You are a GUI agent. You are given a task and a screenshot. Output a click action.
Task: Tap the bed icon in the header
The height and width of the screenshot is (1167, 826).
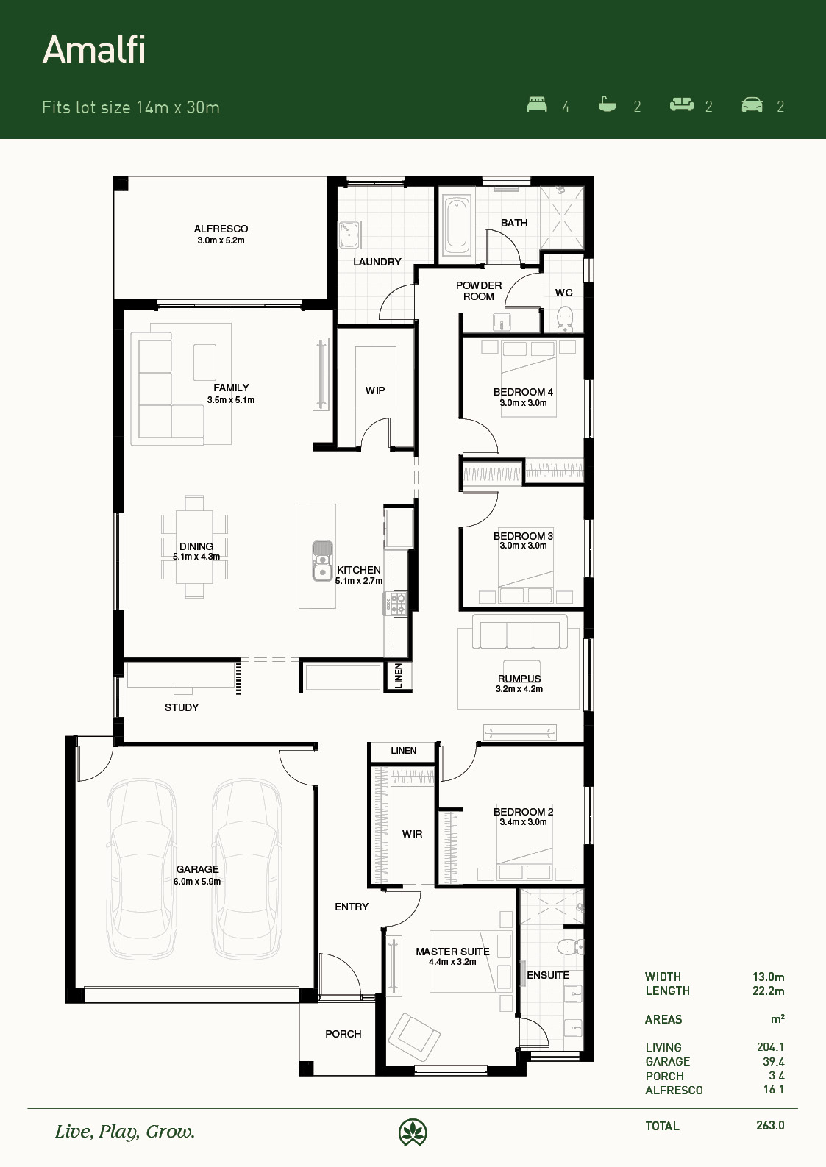(x=537, y=104)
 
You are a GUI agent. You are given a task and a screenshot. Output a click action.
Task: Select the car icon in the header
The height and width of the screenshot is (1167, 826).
(x=752, y=104)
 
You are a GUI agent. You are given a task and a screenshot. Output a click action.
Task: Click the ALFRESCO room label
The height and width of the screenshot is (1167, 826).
(x=221, y=229)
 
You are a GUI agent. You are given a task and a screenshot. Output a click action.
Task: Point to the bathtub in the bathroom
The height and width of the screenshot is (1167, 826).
(x=457, y=224)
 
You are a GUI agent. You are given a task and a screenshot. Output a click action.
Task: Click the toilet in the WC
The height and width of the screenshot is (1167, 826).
(x=565, y=318)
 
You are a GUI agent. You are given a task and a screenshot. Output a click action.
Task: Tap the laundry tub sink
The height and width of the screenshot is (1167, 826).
(x=349, y=235)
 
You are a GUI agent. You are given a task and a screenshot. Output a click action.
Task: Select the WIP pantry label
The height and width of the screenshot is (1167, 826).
(x=375, y=390)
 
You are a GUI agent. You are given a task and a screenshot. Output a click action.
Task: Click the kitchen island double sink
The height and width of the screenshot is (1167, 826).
(x=323, y=560)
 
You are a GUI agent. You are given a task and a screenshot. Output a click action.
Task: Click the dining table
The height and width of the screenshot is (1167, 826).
(x=194, y=546)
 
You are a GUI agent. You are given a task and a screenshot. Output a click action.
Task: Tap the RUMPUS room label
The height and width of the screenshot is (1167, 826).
(x=519, y=679)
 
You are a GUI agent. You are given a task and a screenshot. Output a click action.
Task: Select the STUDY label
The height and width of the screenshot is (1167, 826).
(x=182, y=707)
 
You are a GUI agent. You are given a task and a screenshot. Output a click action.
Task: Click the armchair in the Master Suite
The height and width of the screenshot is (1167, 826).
(x=414, y=1038)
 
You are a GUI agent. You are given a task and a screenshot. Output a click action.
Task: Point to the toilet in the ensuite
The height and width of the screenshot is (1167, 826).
(x=572, y=946)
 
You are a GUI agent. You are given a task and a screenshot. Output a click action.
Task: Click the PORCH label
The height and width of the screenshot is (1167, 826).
(x=343, y=1034)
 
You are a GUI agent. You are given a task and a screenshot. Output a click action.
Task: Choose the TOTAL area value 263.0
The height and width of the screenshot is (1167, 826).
(x=769, y=1125)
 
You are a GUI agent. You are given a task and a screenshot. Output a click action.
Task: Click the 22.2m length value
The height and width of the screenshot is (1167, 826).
(x=768, y=991)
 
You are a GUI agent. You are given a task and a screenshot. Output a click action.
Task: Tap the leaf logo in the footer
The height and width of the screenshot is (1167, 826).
(x=413, y=1132)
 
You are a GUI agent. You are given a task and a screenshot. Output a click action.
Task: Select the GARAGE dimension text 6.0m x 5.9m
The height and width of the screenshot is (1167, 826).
(x=197, y=882)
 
